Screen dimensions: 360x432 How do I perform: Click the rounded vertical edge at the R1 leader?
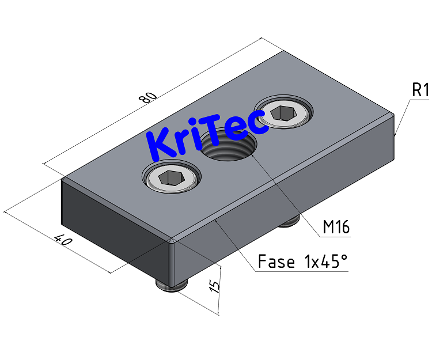click(395, 135)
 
